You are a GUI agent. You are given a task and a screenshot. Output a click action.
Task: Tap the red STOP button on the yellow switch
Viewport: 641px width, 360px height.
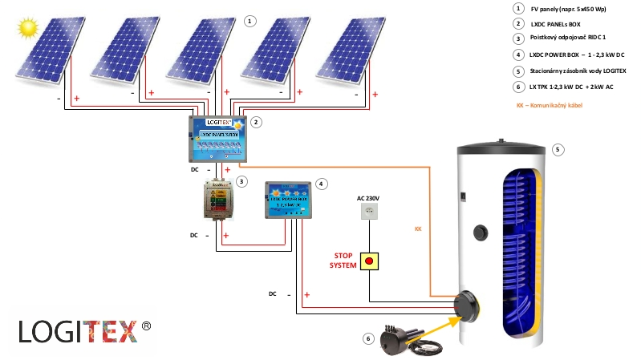click(x=368, y=261)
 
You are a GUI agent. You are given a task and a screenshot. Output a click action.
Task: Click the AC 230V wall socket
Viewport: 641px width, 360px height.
click(x=368, y=212)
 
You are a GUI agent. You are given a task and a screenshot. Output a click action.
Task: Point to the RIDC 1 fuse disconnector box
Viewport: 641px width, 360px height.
click(x=218, y=200)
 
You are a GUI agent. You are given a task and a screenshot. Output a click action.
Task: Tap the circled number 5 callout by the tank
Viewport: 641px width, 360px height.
click(x=558, y=149)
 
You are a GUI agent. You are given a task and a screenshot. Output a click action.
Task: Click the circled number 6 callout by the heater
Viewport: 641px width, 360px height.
click(x=368, y=338)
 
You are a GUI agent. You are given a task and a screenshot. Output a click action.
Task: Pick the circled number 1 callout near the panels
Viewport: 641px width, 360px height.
click(x=250, y=21)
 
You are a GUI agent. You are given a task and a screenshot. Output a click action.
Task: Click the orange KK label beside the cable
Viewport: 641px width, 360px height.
click(x=418, y=229)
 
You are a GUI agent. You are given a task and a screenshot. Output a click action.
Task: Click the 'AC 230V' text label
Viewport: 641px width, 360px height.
click(x=368, y=196)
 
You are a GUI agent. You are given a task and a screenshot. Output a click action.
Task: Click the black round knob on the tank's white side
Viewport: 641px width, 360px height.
click(x=480, y=233)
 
